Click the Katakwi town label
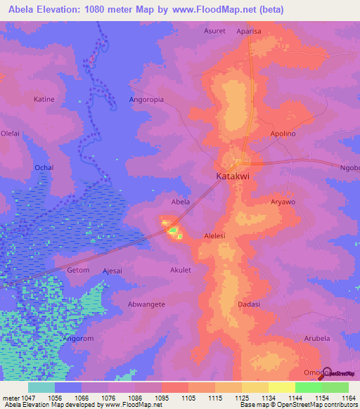coord(233,177)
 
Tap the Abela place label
coord(181,202)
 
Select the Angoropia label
coord(146,100)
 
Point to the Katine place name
coord(44,100)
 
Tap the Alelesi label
coord(214,236)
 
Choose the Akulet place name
coord(181,270)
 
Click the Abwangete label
coord(146,304)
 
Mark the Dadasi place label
coord(249,304)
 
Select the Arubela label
coord(317,338)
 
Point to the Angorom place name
coord(78,338)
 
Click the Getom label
coord(78,270)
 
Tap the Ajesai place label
coord(112,270)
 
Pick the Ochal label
coord(44,168)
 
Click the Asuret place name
coord(214,32)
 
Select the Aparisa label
coord(249,32)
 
